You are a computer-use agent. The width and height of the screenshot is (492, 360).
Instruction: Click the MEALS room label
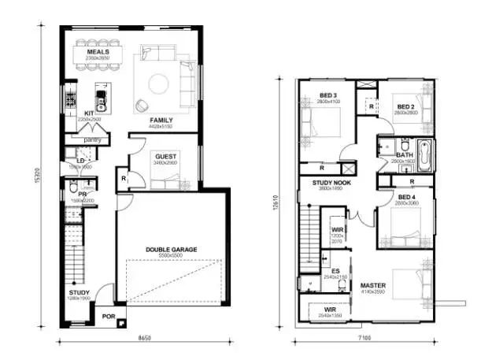click(x=98, y=52)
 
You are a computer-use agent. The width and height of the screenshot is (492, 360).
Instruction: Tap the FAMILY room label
click(x=161, y=120)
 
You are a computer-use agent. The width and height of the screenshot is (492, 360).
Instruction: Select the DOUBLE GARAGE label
click(x=171, y=249)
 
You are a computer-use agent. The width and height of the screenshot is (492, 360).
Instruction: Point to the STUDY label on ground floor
click(x=79, y=292)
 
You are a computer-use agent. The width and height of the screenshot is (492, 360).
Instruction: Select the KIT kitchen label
click(x=89, y=113)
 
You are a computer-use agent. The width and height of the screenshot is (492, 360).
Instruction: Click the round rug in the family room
click(x=157, y=81)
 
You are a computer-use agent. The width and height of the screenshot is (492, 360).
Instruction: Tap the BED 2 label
click(x=405, y=106)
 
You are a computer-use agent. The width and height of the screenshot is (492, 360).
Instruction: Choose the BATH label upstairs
click(x=404, y=154)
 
